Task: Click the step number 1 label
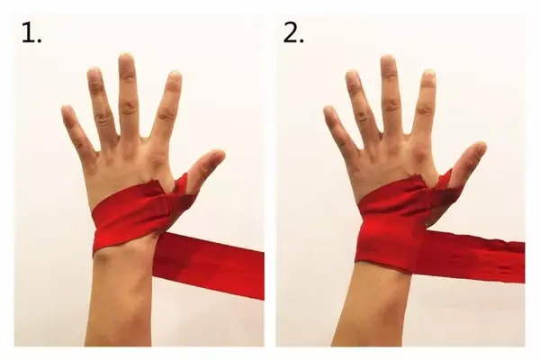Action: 31,33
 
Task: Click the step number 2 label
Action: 293,33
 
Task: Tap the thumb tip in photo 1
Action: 219,155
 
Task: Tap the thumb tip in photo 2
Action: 480,147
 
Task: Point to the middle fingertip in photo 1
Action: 126,58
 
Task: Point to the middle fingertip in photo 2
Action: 388,59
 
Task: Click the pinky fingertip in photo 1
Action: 67,110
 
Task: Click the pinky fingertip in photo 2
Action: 328,111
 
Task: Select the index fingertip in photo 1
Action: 175,75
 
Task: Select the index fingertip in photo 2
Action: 428,74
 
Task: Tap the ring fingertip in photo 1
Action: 94,73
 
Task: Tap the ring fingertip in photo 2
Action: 352,75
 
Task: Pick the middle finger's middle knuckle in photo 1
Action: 129,106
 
